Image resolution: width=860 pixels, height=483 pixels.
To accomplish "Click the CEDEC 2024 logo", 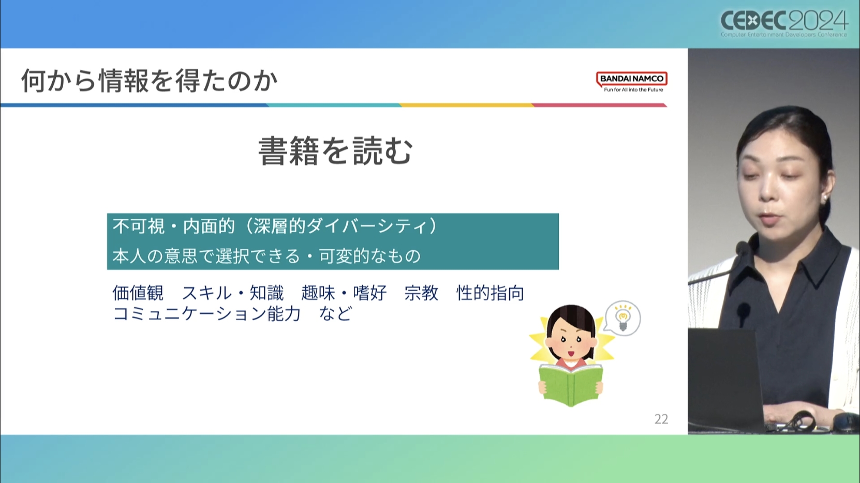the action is [784, 23].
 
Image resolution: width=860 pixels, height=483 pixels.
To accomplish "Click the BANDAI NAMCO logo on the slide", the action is [632, 82].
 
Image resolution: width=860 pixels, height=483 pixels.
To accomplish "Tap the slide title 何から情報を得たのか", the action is [150, 81].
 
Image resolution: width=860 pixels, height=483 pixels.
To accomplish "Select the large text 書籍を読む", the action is [335, 151].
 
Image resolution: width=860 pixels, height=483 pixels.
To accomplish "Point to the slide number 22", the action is [661, 419].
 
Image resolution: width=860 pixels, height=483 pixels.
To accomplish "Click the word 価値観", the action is [138, 293].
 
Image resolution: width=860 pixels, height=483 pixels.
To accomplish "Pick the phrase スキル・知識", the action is [233, 293].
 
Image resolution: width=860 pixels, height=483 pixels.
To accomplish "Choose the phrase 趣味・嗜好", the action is [344, 293].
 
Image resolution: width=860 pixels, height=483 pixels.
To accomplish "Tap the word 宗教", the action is [421, 293].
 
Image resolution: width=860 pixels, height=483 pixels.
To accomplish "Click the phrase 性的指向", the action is [490, 293].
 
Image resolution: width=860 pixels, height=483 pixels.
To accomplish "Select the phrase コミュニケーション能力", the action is [206, 314].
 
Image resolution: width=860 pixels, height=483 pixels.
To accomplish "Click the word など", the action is [335, 314].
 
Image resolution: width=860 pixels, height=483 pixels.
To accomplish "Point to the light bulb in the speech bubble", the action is [622, 318].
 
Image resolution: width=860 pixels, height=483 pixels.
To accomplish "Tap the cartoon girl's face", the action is [571, 340].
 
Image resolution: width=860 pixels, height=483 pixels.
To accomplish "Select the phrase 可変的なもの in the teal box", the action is [370, 256].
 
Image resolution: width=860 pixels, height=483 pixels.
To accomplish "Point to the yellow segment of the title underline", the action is [467, 105].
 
